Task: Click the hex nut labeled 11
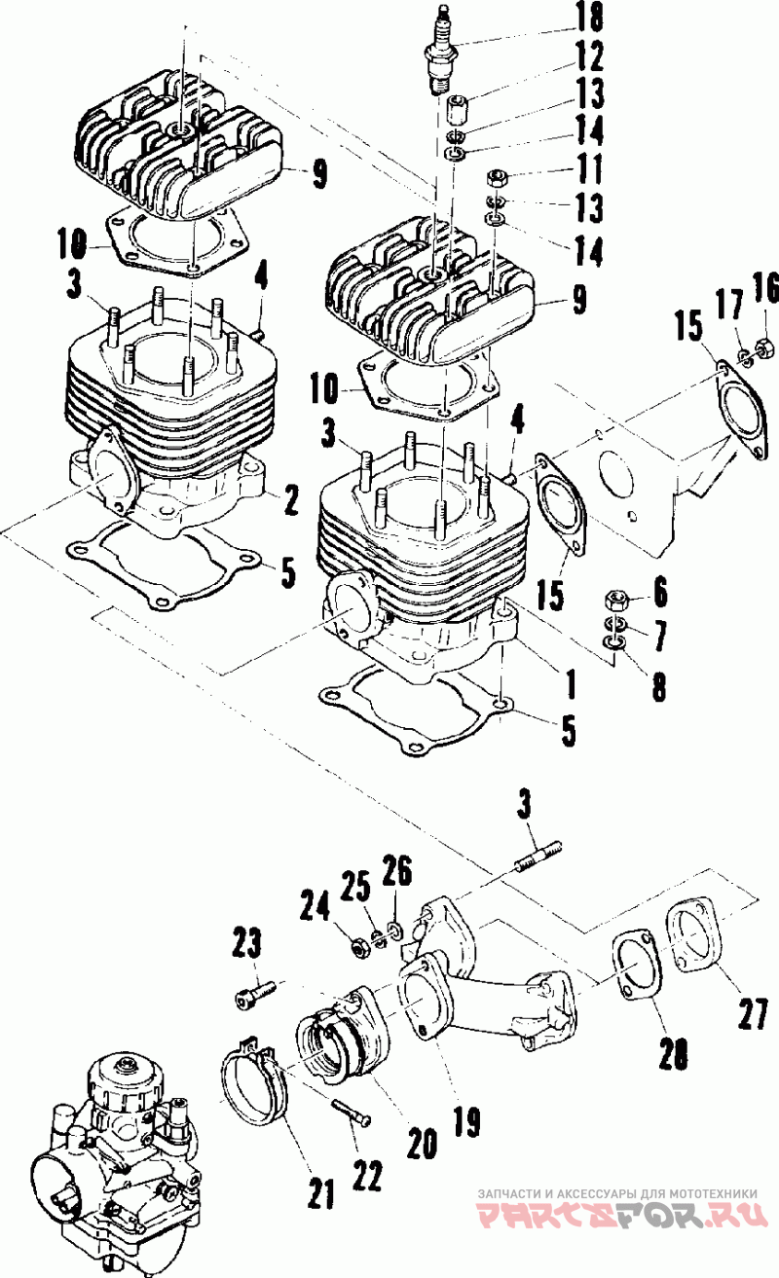coord(495,178)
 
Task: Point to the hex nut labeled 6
coord(614,600)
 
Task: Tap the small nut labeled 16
coord(762,346)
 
